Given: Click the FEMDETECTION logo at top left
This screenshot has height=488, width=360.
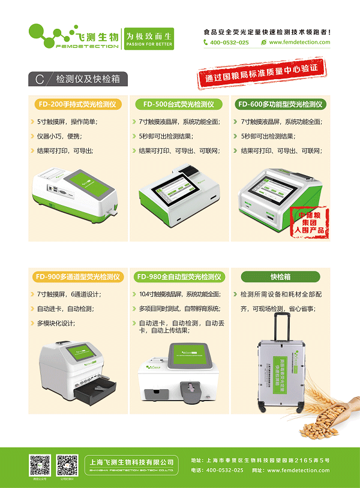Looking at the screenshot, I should (x=72, y=36).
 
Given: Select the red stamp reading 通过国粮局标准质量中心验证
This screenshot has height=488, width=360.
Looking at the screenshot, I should (x=262, y=74).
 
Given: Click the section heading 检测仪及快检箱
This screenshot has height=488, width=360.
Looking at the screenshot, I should (x=90, y=79).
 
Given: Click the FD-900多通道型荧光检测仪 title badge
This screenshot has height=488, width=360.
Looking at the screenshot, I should (x=77, y=277).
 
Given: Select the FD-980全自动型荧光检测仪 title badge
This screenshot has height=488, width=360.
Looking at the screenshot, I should (x=179, y=277).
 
